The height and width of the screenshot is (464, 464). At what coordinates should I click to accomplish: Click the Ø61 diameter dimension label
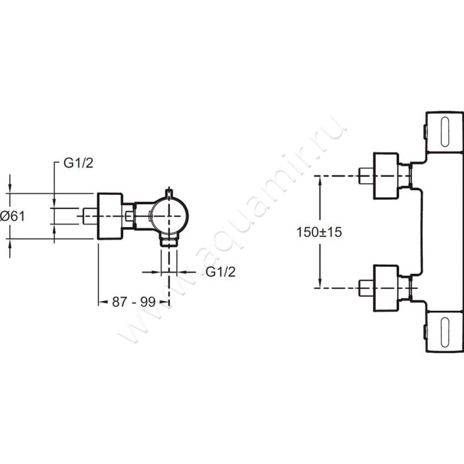pyautogui.click(x=12, y=216)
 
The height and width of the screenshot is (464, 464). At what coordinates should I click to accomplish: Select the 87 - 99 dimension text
pyautogui.click(x=134, y=302)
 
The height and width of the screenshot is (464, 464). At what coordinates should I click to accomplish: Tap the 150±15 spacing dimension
pyautogui.click(x=319, y=232)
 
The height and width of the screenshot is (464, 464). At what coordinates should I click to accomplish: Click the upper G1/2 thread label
pyautogui.click(x=78, y=163)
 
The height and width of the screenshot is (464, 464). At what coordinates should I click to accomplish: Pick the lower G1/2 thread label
pyautogui.click(x=220, y=271)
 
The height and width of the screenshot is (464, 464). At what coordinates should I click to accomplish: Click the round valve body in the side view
pyautogui.click(x=169, y=216)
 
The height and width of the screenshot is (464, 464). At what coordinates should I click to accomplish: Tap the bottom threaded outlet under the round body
pyautogui.click(x=169, y=240)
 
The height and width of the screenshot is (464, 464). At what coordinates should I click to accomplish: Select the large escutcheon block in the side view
pyautogui.click(x=110, y=216)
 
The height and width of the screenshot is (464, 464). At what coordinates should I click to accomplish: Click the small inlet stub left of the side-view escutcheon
pyautogui.click(x=90, y=216)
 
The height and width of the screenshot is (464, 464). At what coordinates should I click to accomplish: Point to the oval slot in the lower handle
pyautogui.click(x=445, y=332)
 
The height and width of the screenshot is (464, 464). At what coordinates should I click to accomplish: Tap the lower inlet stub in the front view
pyautogui.click(x=366, y=288)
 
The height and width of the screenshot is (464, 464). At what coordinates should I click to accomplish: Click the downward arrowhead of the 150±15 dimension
pyautogui.click(x=320, y=282)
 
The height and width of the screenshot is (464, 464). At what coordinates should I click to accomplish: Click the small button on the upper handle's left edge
pyautogui.click(x=425, y=132)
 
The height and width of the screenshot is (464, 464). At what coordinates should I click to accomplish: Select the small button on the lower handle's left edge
pyautogui.click(x=425, y=332)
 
